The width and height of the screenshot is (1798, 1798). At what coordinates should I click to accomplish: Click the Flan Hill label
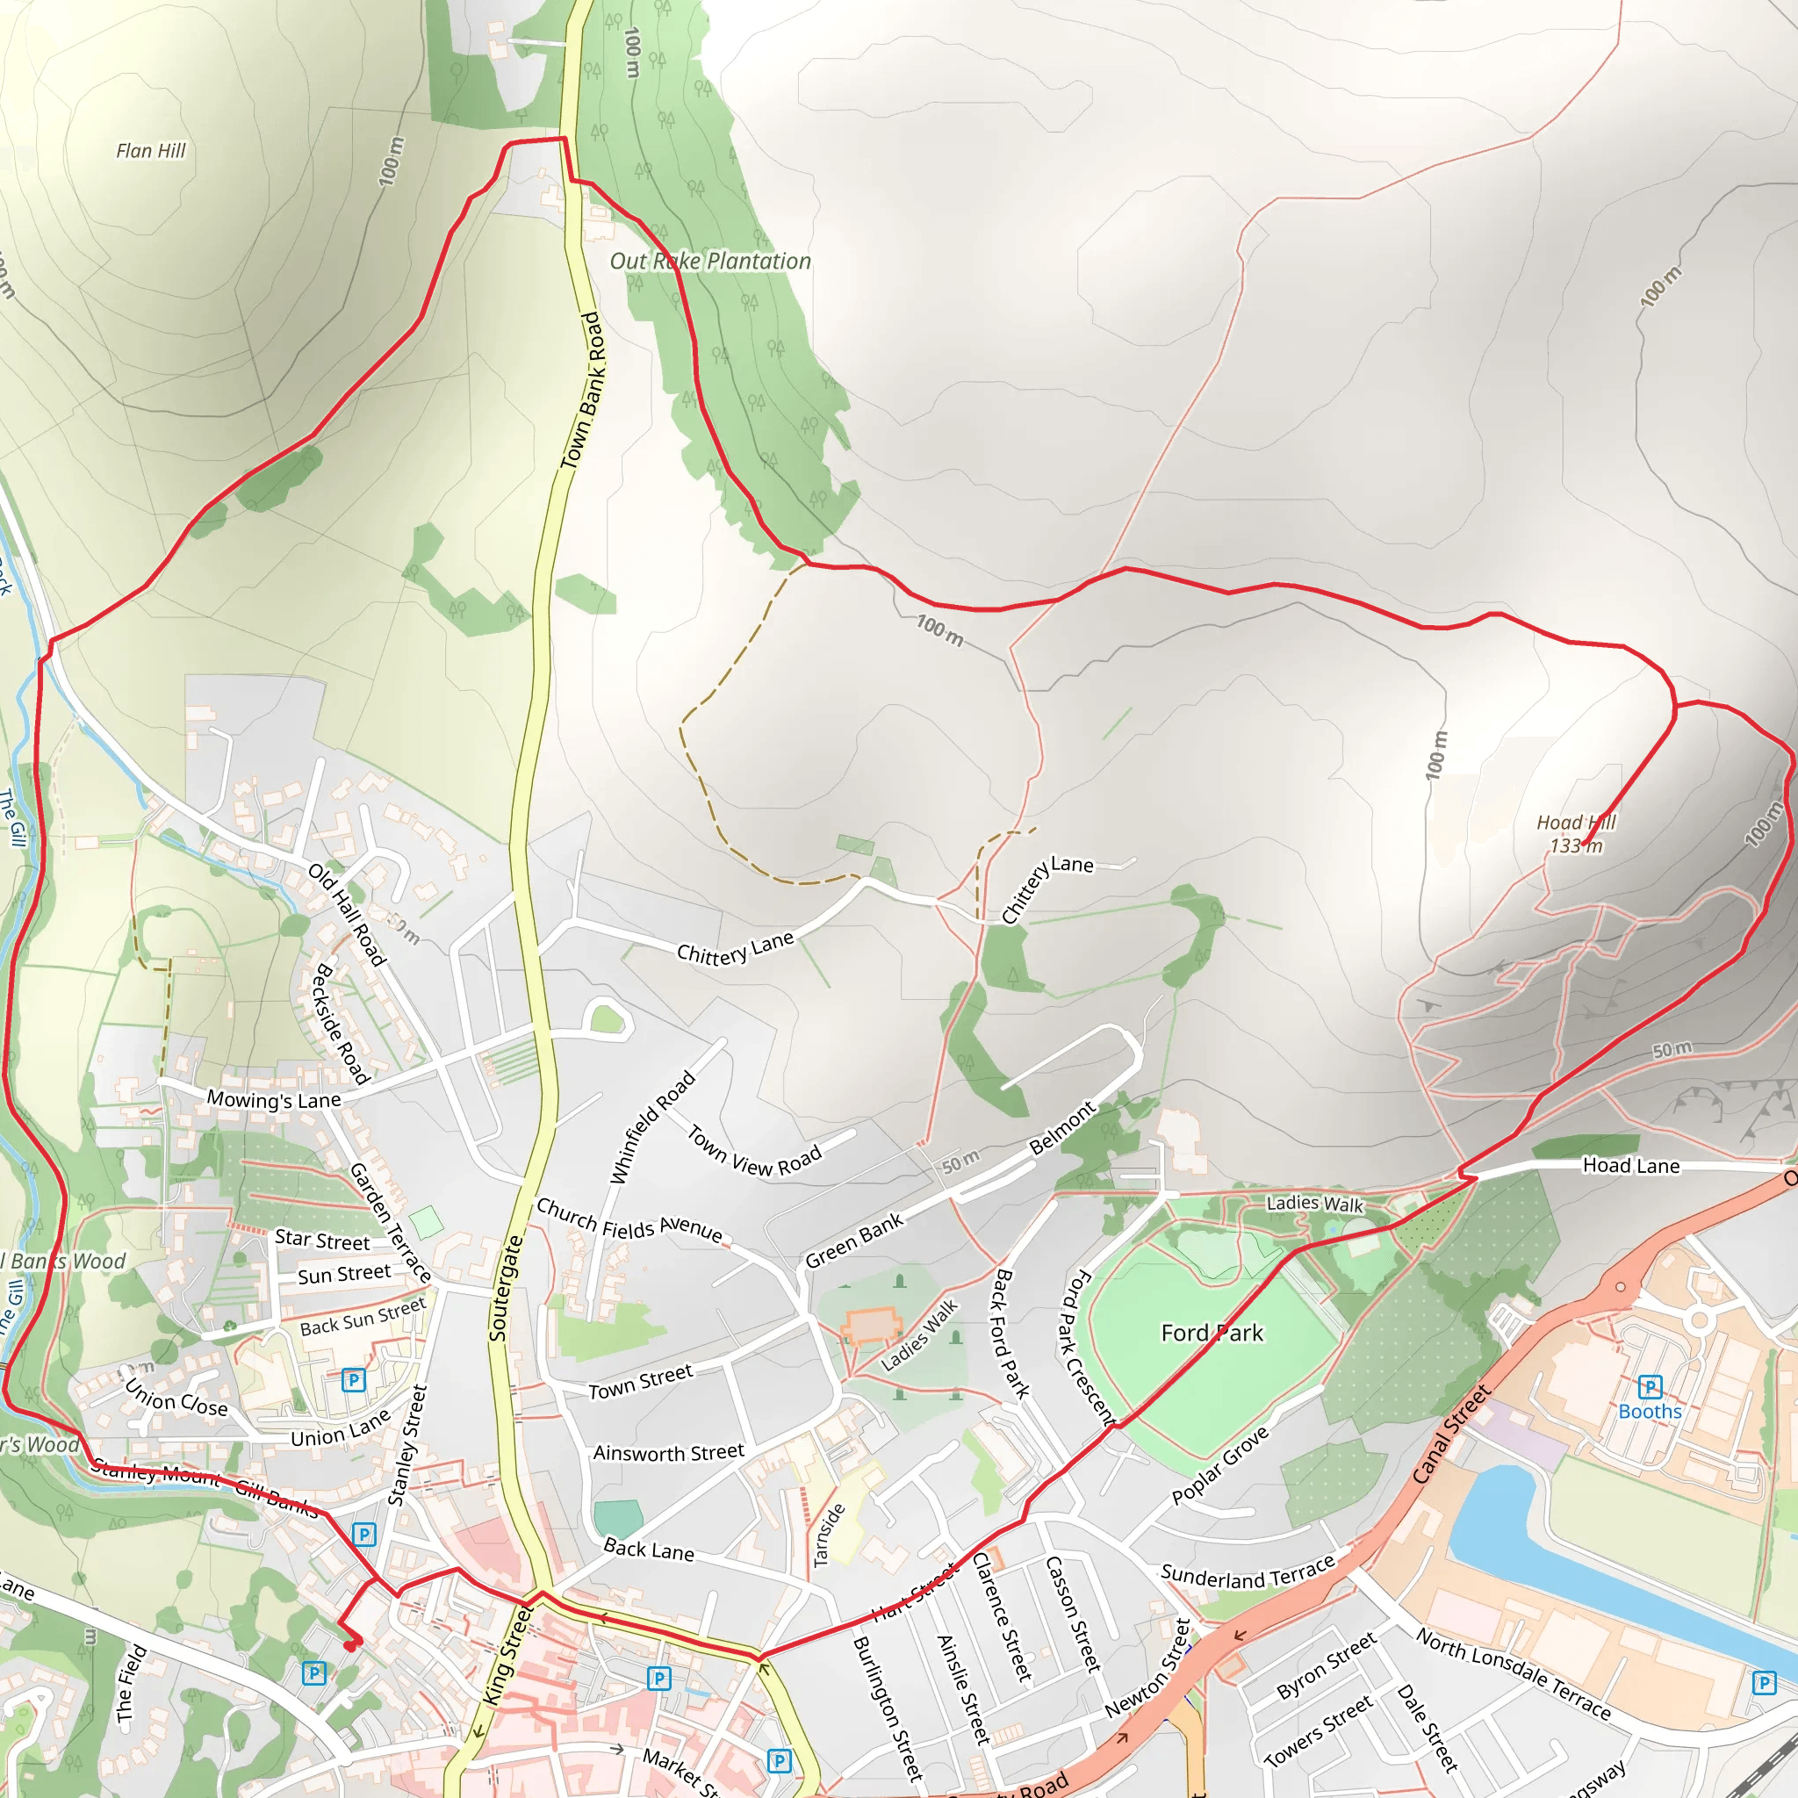click(151, 151)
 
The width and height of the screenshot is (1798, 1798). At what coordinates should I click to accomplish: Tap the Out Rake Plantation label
click(710, 262)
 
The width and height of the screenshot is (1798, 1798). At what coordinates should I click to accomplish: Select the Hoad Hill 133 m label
click(1576, 834)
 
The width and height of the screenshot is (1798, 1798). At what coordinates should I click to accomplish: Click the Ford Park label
click(1212, 1333)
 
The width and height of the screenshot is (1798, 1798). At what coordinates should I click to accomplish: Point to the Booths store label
click(1649, 1411)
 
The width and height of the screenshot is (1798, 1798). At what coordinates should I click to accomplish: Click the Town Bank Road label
click(584, 391)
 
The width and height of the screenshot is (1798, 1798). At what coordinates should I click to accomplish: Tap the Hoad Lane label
click(1630, 1165)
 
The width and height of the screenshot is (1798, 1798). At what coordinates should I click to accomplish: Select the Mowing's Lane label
click(274, 1099)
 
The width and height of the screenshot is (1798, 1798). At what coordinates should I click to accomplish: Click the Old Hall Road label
click(346, 915)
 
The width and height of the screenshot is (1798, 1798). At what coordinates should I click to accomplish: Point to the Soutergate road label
click(506, 1288)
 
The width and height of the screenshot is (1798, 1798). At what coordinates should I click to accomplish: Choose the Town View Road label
click(754, 1152)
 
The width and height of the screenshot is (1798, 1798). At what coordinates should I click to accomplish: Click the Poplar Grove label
click(1219, 1465)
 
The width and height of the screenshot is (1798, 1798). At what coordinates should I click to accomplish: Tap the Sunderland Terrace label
click(1247, 1576)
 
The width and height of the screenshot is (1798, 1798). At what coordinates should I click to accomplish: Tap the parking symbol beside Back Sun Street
click(353, 1379)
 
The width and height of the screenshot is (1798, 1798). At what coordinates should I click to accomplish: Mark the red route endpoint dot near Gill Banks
click(351, 1646)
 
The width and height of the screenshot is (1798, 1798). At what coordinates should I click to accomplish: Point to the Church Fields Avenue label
click(629, 1220)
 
